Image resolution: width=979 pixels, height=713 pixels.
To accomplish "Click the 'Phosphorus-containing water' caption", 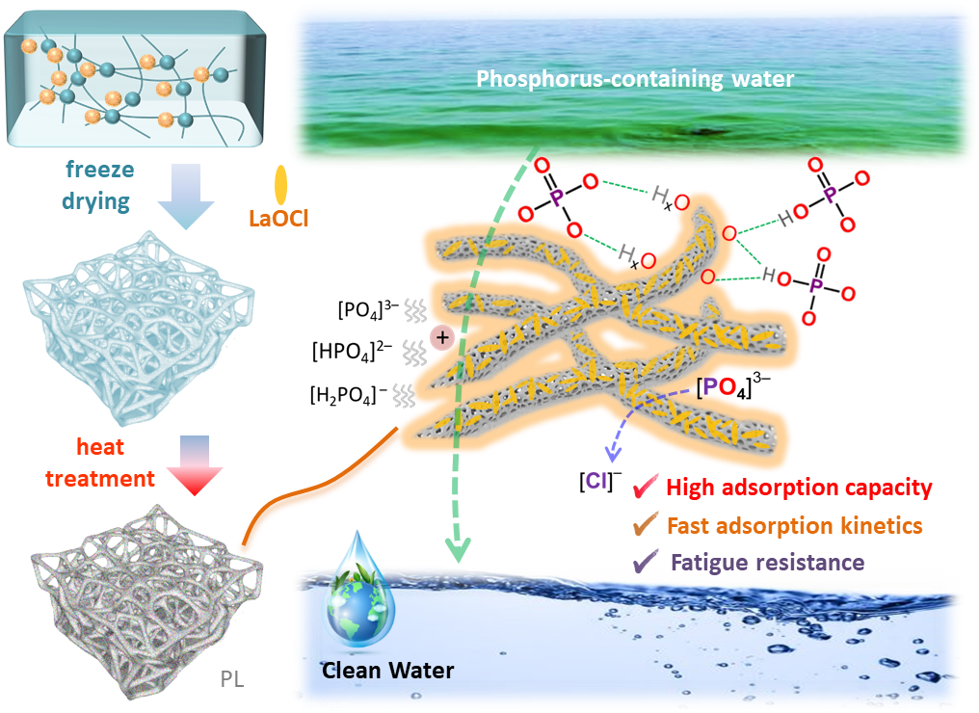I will [x=635, y=79].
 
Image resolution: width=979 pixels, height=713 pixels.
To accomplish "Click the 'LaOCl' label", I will [x=278, y=218].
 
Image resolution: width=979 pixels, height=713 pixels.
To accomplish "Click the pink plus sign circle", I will [x=441, y=337].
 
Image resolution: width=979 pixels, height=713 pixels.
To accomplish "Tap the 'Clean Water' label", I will [x=387, y=670].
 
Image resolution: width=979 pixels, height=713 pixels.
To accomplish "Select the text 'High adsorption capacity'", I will [x=799, y=488].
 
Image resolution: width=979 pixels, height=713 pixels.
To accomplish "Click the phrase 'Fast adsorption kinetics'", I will [x=794, y=525].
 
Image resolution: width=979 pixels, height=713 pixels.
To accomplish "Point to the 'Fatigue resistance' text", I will [x=767, y=562].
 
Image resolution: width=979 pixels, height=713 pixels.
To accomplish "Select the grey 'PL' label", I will [x=231, y=679].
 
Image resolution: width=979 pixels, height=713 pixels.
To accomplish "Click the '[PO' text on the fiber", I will [x=719, y=387].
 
